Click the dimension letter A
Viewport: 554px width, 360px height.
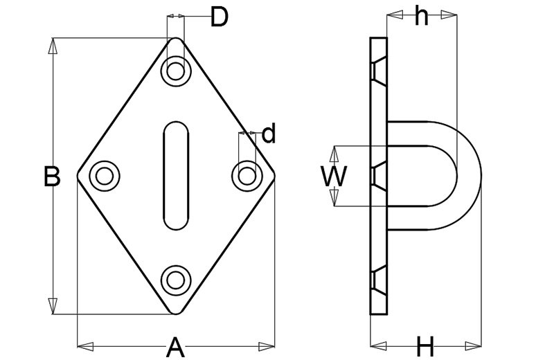(x=176, y=346)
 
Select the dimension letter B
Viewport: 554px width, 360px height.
(x=52, y=177)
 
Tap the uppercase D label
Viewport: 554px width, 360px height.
(x=219, y=17)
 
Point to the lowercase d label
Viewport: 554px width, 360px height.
(x=269, y=133)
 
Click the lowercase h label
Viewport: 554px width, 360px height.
(x=421, y=16)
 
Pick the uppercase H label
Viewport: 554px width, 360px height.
(x=425, y=345)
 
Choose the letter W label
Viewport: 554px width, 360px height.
(x=333, y=177)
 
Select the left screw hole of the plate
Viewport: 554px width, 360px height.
(x=105, y=175)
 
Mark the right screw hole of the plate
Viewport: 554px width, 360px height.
(x=246, y=175)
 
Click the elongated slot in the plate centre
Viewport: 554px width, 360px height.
(x=176, y=175)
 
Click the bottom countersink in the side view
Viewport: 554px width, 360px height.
(x=378, y=280)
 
